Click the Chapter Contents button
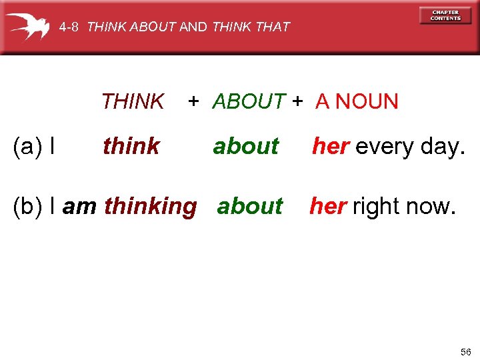[445, 15]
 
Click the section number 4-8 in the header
[69, 27]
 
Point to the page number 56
[465, 351]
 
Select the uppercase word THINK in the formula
[133, 102]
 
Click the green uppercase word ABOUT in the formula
[249, 102]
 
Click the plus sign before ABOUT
[193, 101]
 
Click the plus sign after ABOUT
[297, 101]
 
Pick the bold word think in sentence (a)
[131, 146]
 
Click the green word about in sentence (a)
[246, 146]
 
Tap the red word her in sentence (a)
[331, 146]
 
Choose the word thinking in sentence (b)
[151, 207]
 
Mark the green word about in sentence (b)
[250, 207]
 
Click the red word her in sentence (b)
[328, 207]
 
